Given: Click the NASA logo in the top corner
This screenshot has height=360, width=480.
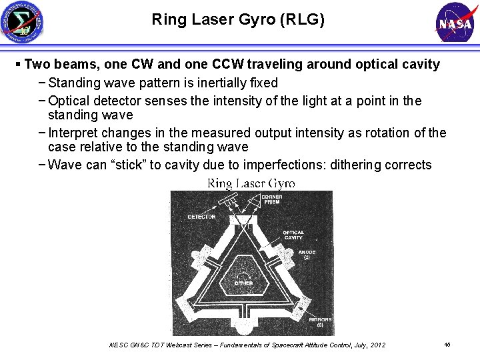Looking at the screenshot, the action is coord(455,23).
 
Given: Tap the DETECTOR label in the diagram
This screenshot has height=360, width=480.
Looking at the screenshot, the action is coord(201,217).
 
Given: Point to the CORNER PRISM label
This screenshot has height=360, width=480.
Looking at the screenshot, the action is coord(271,199).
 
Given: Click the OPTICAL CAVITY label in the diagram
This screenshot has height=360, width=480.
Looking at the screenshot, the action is coord(293,235).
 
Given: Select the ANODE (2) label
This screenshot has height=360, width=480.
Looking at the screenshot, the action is coord(307,255).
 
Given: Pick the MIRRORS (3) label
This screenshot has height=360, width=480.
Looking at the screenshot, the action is coord(320,323).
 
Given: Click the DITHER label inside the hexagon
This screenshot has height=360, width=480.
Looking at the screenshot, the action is coord(243,283).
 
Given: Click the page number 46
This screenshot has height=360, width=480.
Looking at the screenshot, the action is coord(447,344).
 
